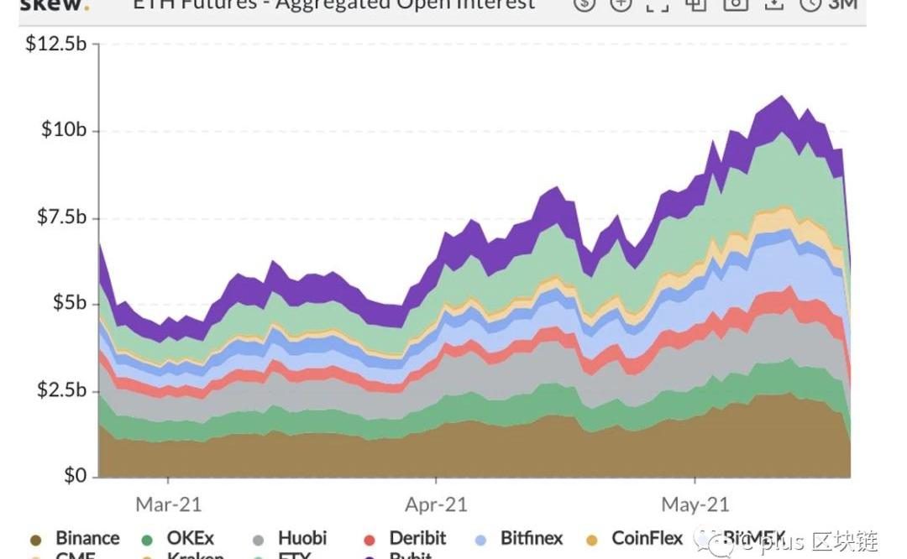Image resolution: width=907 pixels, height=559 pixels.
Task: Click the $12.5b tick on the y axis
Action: [x=56, y=44]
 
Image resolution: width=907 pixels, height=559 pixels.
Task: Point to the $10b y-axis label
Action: [x=64, y=130]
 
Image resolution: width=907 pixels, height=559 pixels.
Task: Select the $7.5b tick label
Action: [x=60, y=217]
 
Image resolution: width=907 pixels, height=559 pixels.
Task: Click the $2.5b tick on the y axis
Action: [x=60, y=390]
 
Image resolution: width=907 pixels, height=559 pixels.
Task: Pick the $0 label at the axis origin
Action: [x=74, y=476]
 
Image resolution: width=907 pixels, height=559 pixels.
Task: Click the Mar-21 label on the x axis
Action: [x=168, y=504]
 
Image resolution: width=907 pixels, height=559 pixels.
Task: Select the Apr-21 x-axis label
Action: [x=436, y=504]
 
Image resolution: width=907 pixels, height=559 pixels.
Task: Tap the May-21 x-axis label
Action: [x=695, y=504]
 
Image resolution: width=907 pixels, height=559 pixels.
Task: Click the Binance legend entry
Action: [x=87, y=538]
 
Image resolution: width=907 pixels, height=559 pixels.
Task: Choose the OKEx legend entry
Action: [x=190, y=538]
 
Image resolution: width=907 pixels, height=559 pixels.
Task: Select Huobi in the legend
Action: [x=301, y=538]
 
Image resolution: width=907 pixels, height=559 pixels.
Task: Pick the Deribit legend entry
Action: [x=417, y=538]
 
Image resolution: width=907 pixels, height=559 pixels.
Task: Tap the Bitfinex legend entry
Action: [x=532, y=538]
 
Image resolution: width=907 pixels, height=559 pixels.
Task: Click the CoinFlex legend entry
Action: [x=647, y=538]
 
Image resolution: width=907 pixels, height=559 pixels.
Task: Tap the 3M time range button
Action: [x=841, y=4]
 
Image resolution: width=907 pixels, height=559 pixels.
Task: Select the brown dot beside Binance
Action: [x=35, y=540]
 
